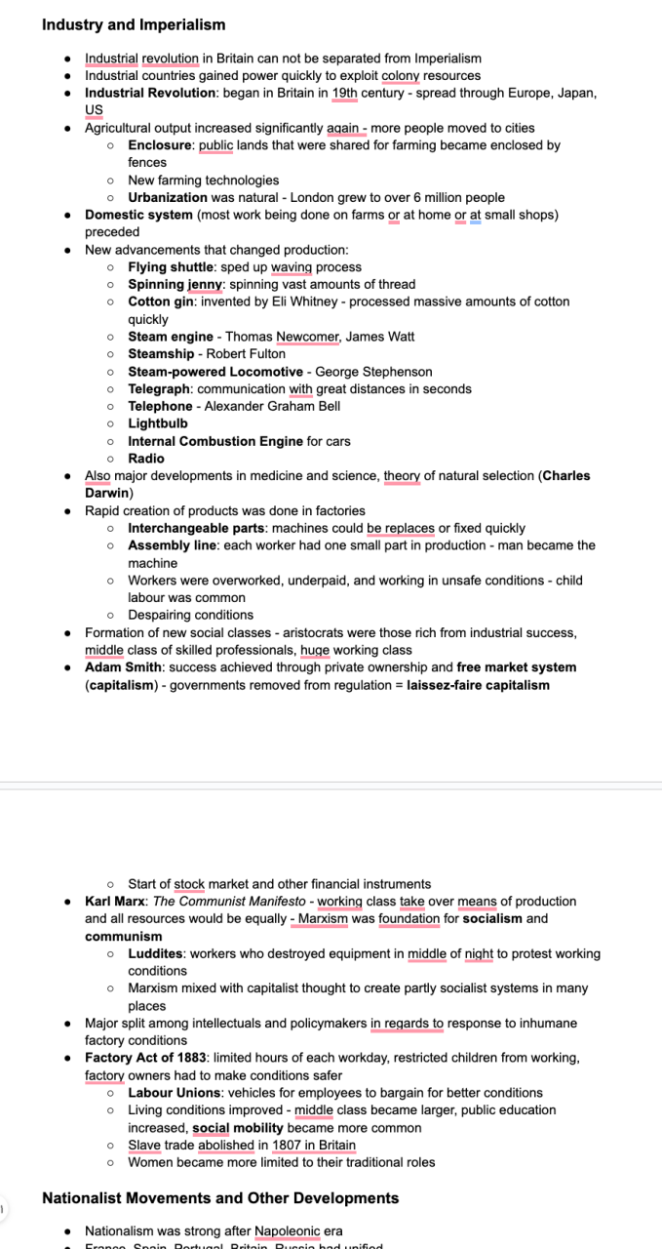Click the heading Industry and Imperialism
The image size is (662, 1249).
point(134,25)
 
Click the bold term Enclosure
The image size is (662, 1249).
point(161,145)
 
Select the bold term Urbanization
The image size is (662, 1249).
point(167,197)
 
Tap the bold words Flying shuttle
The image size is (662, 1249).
point(171,267)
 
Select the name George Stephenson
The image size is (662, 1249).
point(373,372)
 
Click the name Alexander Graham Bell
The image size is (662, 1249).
point(272,406)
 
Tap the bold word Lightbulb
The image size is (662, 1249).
point(158,423)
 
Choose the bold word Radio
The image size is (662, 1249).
point(146,459)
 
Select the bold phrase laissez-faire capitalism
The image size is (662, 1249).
point(478,685)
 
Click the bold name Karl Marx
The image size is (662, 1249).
point(115,902)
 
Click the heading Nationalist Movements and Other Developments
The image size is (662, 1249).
point(220,1198)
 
